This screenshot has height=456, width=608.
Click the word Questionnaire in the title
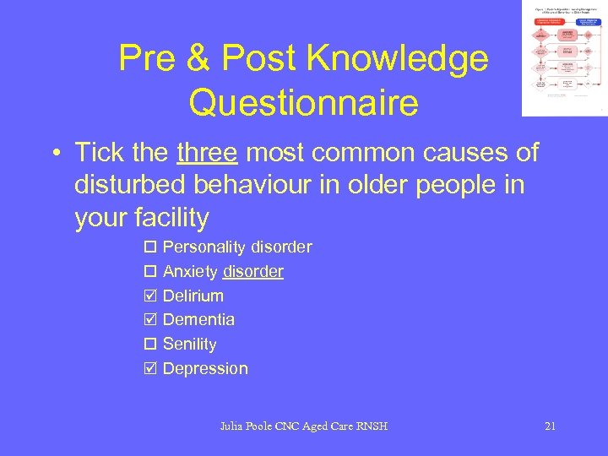click(303, 103)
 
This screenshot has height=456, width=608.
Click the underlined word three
click(207, 153)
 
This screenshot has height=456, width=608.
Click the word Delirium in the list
click(193, 296)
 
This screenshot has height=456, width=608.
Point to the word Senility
click(190, 345)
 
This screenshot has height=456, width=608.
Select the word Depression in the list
click(205, 368)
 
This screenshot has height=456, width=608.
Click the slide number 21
click(550, 426)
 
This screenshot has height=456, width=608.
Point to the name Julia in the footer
click(231, 426)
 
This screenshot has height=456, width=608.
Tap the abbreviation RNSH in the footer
click(371, 426)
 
